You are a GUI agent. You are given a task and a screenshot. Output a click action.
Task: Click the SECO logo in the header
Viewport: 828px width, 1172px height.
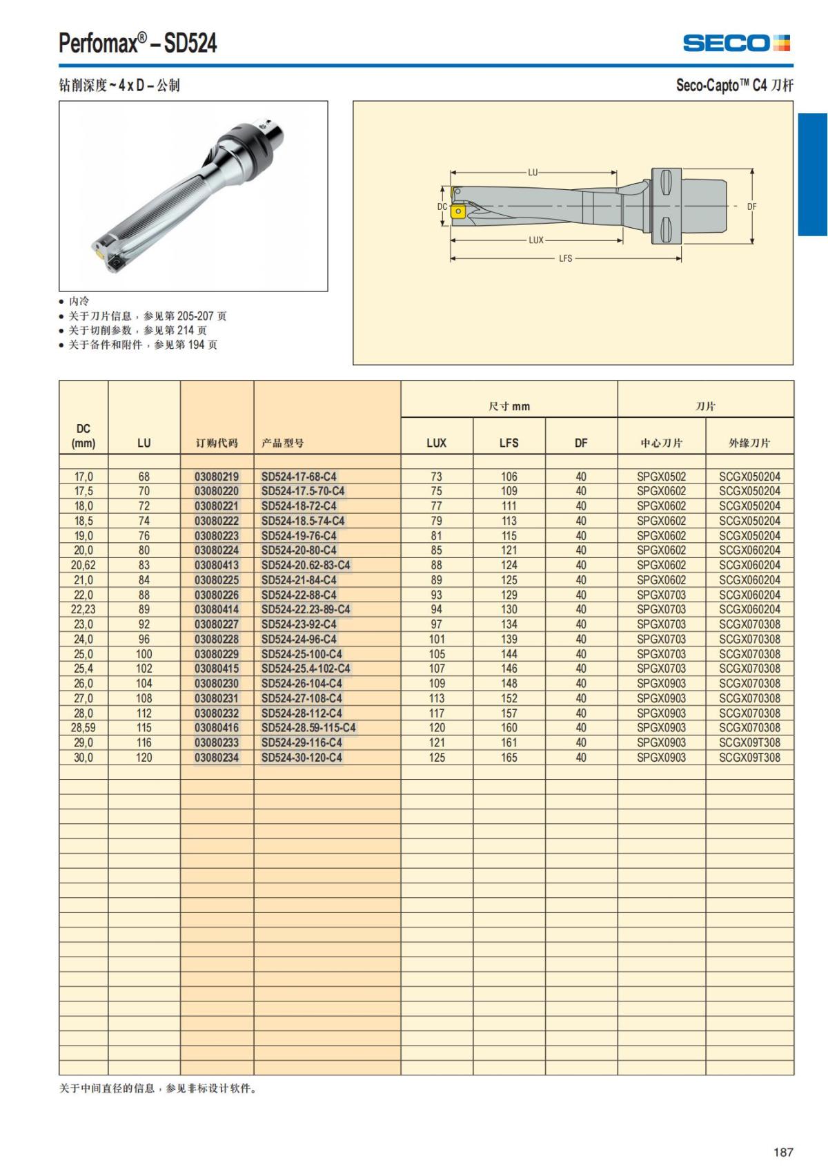pos(736,44)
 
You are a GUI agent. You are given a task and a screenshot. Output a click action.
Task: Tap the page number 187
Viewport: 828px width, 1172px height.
pos(783,1152)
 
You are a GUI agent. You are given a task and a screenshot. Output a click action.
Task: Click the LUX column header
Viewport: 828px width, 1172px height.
pos(436,443)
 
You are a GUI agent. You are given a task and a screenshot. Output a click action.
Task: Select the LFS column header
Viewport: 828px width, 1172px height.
pos(509,443)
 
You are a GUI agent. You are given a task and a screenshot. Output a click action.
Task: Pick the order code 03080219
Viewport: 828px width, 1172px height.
pos(217,477)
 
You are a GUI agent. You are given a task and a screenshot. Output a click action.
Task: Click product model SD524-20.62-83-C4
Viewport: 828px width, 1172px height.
pos(306,565)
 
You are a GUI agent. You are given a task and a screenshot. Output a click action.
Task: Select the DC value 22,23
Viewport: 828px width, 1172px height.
pos(83,609)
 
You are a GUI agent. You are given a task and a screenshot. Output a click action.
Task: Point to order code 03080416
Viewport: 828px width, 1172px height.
pos(217,727)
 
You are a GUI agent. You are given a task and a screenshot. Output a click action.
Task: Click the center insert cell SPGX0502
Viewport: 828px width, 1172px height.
pos(661,477)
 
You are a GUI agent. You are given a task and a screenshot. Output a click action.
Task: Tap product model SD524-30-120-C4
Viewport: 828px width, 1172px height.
pos(302,757)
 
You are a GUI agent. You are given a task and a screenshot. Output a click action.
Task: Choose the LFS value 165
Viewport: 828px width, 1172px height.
pos(509,757)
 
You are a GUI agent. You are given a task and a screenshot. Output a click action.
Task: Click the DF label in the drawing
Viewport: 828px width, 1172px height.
pos(752,206)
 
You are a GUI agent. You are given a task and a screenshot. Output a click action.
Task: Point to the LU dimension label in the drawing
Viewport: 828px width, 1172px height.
pos(533,173)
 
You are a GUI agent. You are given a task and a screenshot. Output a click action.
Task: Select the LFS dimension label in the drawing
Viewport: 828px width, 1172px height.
pos(565,258)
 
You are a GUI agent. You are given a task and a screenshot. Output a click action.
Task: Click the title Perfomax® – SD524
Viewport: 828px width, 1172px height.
pos(138,44)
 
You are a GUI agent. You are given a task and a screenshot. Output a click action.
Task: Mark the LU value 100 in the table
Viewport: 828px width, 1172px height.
pos(144,653)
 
